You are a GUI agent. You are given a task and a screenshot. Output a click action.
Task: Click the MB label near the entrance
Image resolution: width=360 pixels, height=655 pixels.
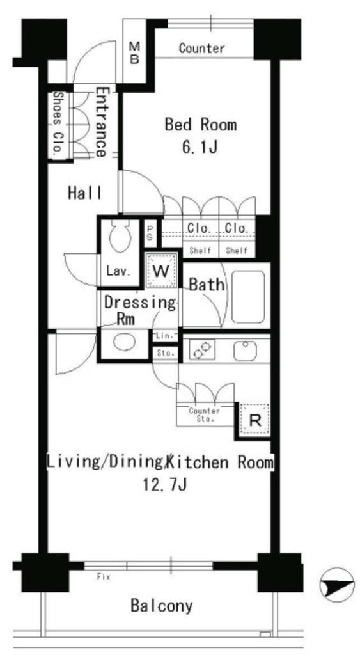coord(134,52)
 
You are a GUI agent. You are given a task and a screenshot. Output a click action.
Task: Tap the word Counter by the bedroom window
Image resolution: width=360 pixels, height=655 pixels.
coord(201,49)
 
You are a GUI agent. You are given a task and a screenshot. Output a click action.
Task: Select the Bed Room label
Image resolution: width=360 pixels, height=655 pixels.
coord(201,125)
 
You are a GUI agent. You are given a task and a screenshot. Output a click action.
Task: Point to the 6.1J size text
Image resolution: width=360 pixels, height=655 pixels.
coord(200,147)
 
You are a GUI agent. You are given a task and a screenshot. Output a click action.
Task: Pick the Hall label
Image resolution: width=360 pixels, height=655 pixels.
coord(85,193)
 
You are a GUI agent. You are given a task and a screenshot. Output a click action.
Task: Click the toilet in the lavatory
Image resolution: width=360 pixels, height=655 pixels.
coord(120,235)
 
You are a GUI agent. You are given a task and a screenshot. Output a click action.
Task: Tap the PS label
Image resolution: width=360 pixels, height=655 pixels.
coord(150,235)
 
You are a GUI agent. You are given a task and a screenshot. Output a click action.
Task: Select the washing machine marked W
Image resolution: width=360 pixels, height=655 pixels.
coord(160,271)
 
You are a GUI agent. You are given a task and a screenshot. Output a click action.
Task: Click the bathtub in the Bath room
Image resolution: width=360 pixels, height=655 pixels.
coord(247,297)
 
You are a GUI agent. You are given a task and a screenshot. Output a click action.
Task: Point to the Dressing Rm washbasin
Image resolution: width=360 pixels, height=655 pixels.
coord(125,343)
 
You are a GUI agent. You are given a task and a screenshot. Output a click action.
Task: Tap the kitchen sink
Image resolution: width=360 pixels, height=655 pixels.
coord(245,351)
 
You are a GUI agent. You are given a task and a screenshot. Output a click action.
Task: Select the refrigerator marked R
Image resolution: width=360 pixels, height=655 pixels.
coord(254,420)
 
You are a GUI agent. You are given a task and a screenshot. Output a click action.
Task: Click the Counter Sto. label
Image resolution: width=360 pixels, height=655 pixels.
coord(204,414)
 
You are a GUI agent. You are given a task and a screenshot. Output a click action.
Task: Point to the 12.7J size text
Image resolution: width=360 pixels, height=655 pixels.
coord(164,485)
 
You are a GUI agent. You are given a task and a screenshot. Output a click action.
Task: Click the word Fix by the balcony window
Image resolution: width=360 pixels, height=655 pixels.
coord(104,577)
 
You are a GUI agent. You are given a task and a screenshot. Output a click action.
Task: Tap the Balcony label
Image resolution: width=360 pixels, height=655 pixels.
coord(162,605)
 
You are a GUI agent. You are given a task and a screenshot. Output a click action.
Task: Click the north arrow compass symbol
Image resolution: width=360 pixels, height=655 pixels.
coord(337,585)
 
